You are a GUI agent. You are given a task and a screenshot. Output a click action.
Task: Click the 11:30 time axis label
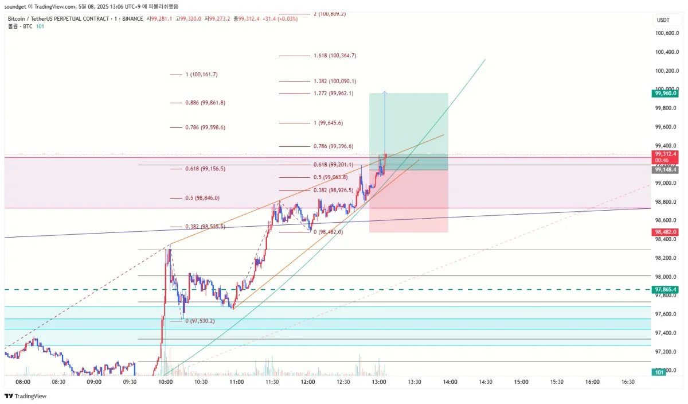point(272,382)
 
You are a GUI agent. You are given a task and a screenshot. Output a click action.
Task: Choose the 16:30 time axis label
point(628,382)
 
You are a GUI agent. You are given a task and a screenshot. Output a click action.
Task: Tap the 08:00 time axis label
point(23,382)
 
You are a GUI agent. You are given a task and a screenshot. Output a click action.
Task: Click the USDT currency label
point(663,20)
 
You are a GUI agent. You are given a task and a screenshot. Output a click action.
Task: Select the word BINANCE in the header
point(132,19)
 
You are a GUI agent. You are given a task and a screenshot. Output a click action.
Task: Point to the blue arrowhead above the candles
point(384,92)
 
